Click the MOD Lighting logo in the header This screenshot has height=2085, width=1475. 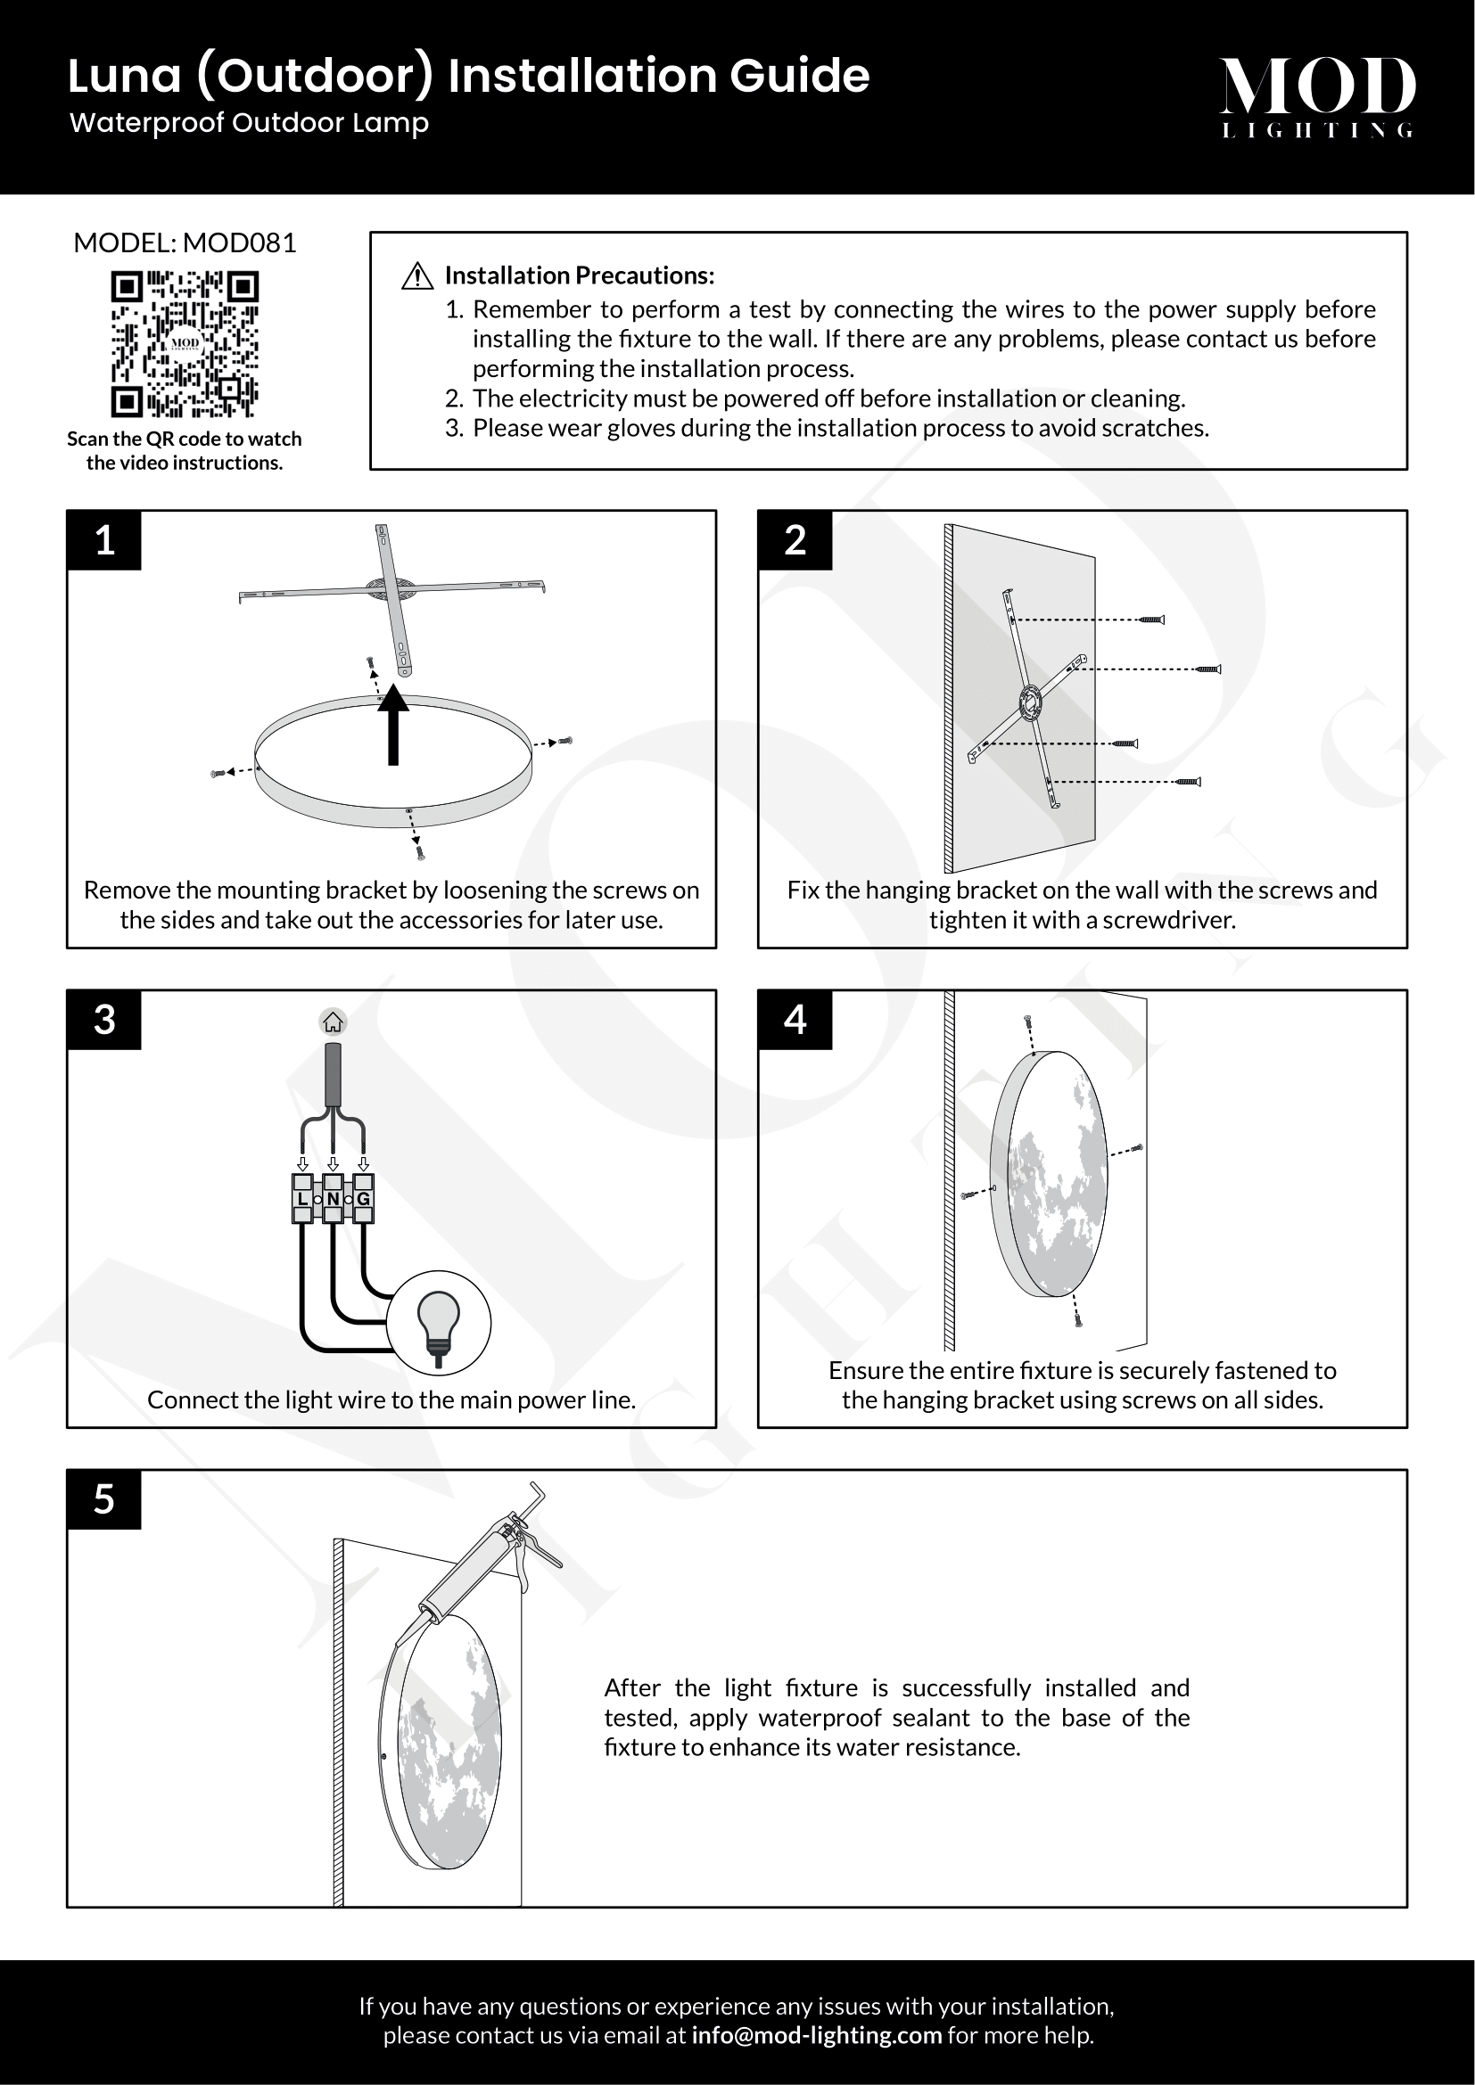[x=1317, y=96]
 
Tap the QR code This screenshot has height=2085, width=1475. [x=185, y=344]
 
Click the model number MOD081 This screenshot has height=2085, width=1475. [x=239, y=243]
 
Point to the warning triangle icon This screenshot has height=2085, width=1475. [x=416, y=276]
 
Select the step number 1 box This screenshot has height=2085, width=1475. [x=104, y=540]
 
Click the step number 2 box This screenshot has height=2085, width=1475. [x=795, y=540]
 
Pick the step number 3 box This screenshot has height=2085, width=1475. [x=104, y=1020]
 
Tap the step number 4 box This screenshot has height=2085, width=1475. [x=795, y=1020]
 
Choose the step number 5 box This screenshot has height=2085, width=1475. [x=104, y=1499]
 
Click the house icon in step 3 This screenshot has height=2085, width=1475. [x=334, y=1022]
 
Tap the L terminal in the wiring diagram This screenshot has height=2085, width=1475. [x=302, y=1199]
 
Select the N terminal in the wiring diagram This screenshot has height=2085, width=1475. [x=334, y=1199]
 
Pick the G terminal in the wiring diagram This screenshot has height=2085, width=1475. [x=363, y=1199]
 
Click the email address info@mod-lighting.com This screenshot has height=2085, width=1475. [x=817, y=2035]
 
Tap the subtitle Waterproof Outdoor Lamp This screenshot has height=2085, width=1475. [x=249, y=123]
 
